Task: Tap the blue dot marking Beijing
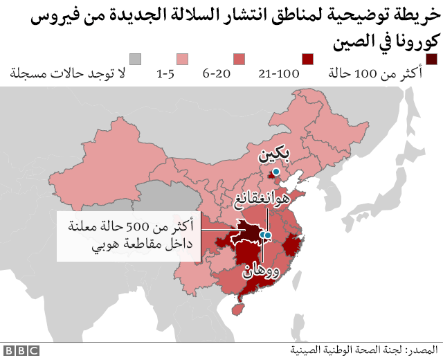(275, 172)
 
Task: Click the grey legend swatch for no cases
(136, 59)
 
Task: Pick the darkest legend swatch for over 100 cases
(431, 59)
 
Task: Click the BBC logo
(20, 351)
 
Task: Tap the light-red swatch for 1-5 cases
(183, 59)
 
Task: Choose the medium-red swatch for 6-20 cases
(239, 59)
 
